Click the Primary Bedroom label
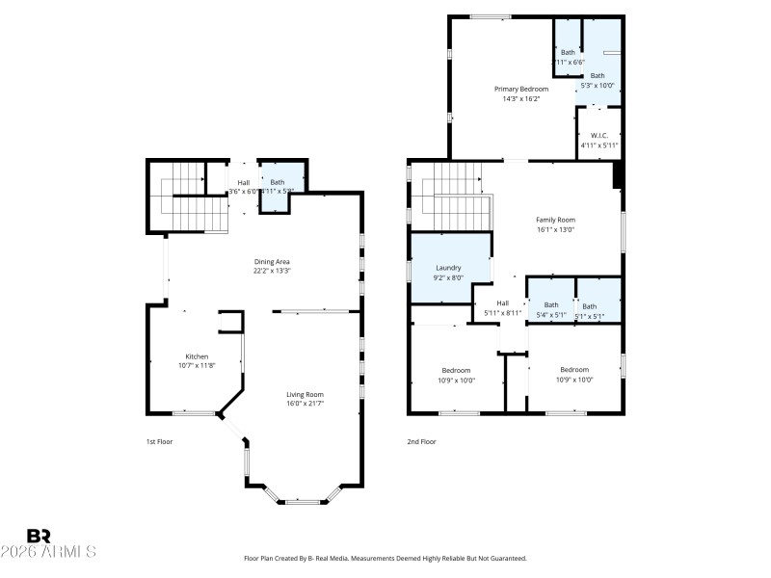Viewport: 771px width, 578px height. coord(520,89)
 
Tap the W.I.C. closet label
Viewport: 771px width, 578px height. coord(598,136)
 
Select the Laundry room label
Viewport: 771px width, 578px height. coord(448,268)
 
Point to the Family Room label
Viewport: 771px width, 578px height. coord(555,220)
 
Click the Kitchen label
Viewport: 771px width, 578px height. coord(197,356)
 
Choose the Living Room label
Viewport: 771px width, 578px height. coord(305,394)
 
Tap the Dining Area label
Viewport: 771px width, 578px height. coord(272,262)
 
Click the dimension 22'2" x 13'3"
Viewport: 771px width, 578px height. coord(272,271)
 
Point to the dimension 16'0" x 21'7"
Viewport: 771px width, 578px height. coord(305,404)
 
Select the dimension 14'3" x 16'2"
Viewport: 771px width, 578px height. coord(520,98)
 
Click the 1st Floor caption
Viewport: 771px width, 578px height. coord(158,441)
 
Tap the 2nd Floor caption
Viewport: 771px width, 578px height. coord(421,441)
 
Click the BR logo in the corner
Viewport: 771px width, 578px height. coord(39,536)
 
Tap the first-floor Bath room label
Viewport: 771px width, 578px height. coord(278,182)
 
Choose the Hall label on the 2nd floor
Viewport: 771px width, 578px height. coord(502,303)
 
